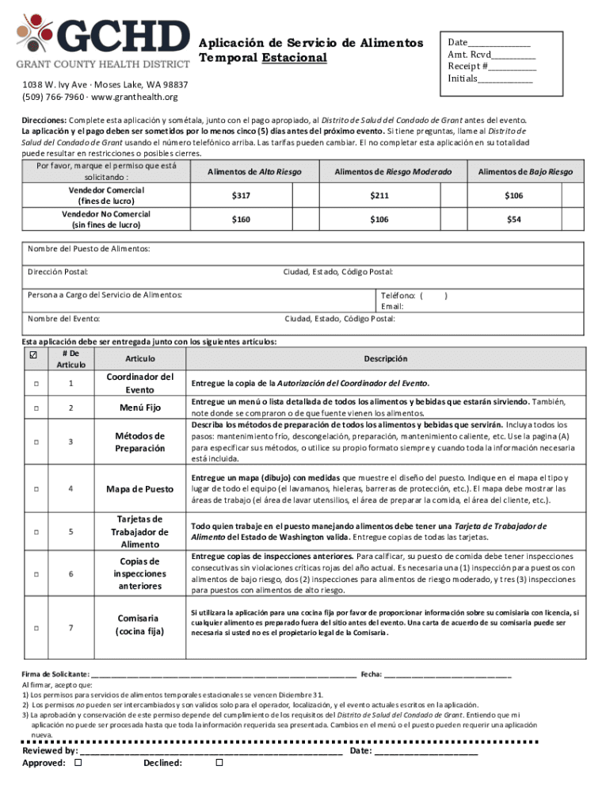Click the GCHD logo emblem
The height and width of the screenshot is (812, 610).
click(x=37, y=33)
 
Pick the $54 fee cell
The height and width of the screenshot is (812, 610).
click(x=514, y=219)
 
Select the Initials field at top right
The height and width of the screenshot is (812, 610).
click(x=490, y=79)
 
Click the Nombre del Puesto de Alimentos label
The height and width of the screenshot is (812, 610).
click(x=89, y=249)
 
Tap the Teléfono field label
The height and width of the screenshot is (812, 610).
click(x=401, y=295)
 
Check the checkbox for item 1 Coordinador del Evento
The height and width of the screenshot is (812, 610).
click(x=36, y=384)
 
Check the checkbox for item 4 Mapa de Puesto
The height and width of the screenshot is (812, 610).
click(x=36, y=488)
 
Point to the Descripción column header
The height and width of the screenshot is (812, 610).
click(x=386, y=359)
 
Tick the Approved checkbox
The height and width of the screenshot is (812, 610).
click(x=78, y=763)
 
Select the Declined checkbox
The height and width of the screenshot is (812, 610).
click(x=219, y=763)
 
